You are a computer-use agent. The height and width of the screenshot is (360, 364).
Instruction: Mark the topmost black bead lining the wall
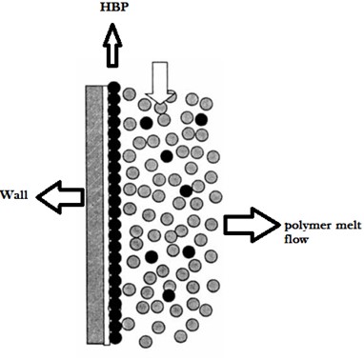point(113,88)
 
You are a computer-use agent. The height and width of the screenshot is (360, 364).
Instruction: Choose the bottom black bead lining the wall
point(113,337)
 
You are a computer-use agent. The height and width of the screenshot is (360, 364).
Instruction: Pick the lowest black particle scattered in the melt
point(169,296)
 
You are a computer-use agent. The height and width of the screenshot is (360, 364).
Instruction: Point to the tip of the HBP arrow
point(112,28)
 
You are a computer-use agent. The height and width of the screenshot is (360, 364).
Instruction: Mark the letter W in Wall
point(6,196)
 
